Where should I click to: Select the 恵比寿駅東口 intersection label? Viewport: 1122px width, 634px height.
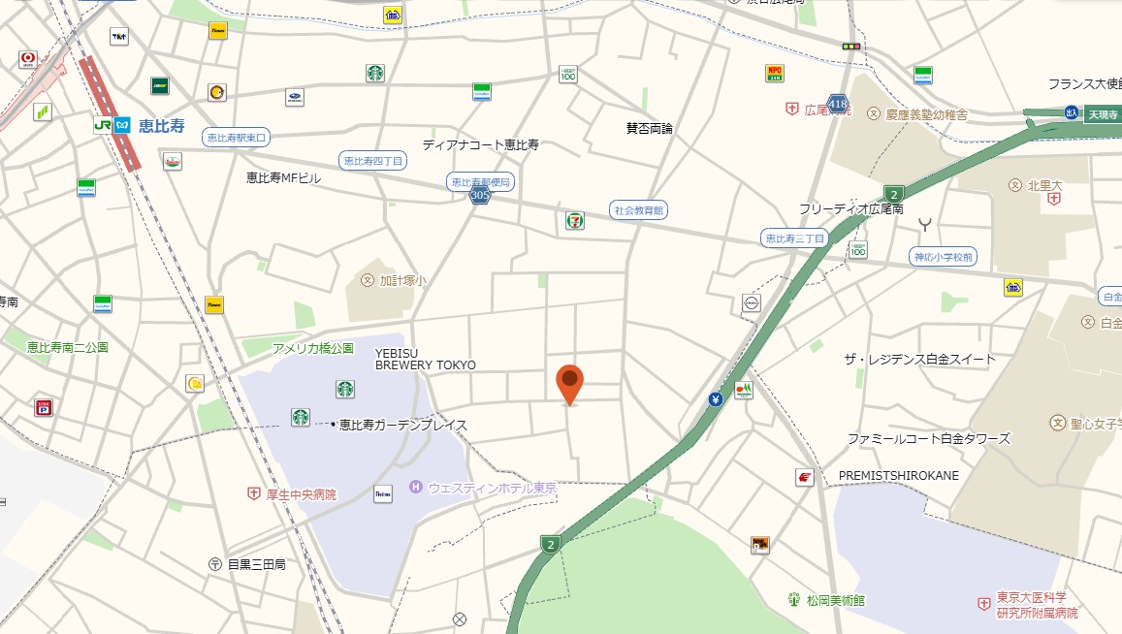click(x=237, y=138)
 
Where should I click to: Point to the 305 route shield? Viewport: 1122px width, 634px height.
click(x=479, y=196)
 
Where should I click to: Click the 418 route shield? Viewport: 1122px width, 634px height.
click(x=838, y=103)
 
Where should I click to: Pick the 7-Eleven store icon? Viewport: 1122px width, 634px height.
click(x=575, y=221)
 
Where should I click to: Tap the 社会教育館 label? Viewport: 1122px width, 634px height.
click(x=640, y=209)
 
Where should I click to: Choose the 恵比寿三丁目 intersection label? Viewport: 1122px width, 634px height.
click(x=794, y=238)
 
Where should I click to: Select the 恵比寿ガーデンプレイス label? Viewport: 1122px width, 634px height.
click(x=403, y=425)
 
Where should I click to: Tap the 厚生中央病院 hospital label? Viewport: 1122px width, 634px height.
click(x=302, y=494)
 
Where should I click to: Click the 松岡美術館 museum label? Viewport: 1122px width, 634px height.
click(x=835, y=600)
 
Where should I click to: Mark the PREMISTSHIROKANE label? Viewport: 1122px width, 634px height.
click(x=898, y=475)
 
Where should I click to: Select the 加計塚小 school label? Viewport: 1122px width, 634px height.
click(x=401, y=281)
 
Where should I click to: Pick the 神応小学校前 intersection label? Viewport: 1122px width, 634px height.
click(x=944, y=257)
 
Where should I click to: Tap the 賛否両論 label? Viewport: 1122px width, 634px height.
click(x=650, y=128)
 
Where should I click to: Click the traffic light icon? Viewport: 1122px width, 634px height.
click(x=851, y=46)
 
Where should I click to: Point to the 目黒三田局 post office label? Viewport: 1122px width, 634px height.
click(x=256, y=563)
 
